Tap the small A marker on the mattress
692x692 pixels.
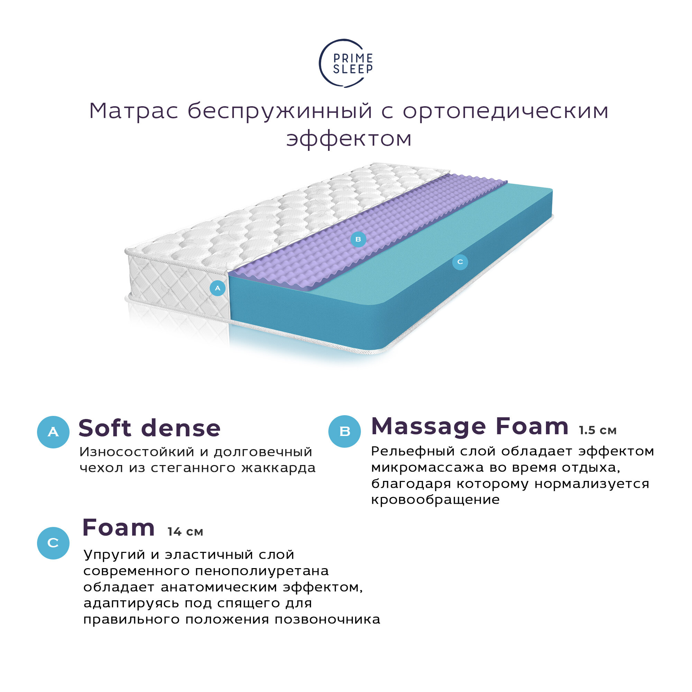point(217,288)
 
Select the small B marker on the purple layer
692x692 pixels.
point(358,239)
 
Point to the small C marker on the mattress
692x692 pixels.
point(460,262)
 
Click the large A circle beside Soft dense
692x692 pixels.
point(53,432)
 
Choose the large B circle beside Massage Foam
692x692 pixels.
point(345,431)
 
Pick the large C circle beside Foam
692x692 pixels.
point(53,543)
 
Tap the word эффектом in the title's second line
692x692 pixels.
point(349,139)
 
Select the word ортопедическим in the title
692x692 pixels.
point(506,111)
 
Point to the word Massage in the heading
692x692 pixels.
point(428,427)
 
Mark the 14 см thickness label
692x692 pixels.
point(185,531)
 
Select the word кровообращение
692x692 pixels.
point(435,499)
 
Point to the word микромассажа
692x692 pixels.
point(427,467)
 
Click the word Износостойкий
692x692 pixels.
point(137,452)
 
